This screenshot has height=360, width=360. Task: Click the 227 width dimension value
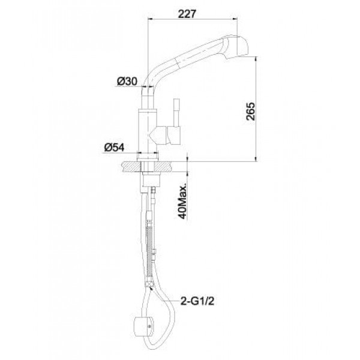pos(187,14)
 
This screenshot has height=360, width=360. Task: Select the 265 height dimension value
pos(250,112)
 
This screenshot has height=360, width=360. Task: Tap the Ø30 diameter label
pos(127,81)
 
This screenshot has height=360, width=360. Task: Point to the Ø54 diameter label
pos(115,147)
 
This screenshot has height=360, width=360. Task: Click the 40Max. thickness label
pos(183,200)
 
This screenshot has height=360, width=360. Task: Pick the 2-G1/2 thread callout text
pos(197,301)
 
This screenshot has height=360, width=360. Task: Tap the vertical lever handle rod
pos(176,113)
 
